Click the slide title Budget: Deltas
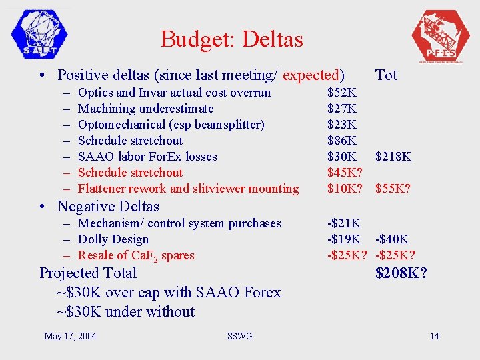pyautogui.click(x=231, y=39)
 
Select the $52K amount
pyautogui.click(x=342, y=93)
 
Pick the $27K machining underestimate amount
pyautogui.click(x=342, y=109)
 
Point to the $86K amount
pyautogui.click(x=342, y=141)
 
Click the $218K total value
pyautogui.click(x=393, y=157)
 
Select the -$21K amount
pyautogui.click(x=344, y=223)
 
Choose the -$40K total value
pyautogui.click(x=393, y=239)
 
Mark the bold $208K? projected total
pyautogui.click(x=401, y=273)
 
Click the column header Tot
pyautogui.click(x=386, y=75)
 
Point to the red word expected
pyautogui.click(x=312, y=75)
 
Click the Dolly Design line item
pyautogui.click(x=113, y=239)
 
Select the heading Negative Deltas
pyautogui.click(x=108, y=206)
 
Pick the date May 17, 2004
pyautogui.click(x=70, y=336)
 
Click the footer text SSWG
pyautogui.click(x=239, y=336)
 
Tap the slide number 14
pyautogui.click(x=434, y=336)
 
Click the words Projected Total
pyautogui.click(x=88, y=273)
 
